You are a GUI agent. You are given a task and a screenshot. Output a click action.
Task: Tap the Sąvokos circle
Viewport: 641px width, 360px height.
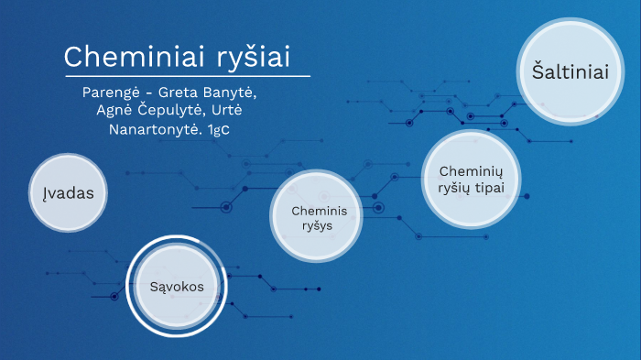point(176,286)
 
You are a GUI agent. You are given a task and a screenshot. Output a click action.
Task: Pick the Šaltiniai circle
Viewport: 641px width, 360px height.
point(564,72)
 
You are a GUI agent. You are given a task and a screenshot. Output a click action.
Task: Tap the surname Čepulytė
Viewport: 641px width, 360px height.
point(179,111)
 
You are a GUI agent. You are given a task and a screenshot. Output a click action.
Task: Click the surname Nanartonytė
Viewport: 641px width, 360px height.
point(156,129)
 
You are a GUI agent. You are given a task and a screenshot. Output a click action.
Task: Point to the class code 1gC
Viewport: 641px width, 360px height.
point(219,130)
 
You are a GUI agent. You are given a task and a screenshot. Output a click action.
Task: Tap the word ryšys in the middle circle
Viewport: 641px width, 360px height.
point(311,226)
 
